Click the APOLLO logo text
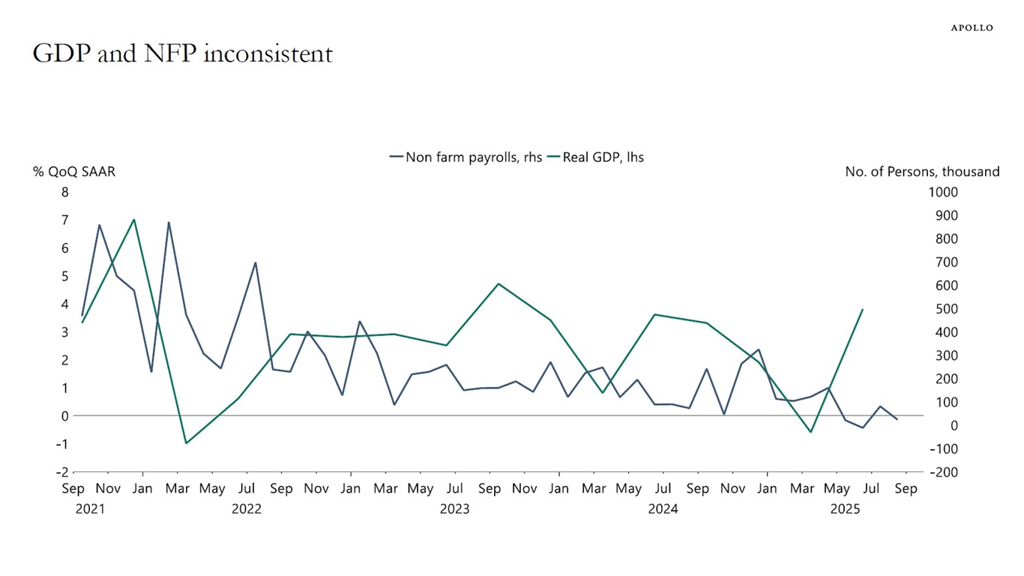972,28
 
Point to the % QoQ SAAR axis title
73,172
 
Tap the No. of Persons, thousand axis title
922,172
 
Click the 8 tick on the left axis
65,192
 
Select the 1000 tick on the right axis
942,192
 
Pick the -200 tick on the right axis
942,472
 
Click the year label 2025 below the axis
845,509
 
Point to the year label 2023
454,509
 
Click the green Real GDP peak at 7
133,220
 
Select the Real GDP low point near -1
186,443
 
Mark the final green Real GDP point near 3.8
863,309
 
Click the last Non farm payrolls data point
897,419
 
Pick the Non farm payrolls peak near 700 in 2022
256,262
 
